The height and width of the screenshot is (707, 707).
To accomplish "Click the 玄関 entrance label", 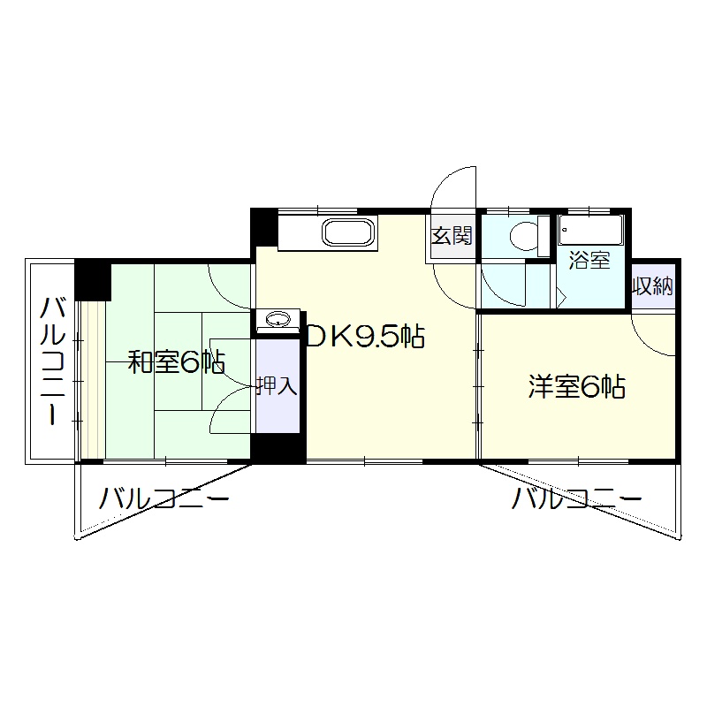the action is coord(452,235).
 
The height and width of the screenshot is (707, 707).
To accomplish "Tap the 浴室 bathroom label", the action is coord(589,260).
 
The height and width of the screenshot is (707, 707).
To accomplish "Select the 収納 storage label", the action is coord(653,285).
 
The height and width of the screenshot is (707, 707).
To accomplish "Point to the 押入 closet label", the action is coord(277,386).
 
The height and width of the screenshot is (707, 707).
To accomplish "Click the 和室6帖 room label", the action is coord(176,361).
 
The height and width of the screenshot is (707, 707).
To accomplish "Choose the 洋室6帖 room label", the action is coord(577,387).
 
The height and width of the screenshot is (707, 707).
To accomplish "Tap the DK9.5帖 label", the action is coord(365,337).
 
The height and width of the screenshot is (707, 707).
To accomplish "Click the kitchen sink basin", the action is coord(348,232).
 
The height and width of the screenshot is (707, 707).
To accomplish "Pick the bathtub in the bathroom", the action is coord(590,231).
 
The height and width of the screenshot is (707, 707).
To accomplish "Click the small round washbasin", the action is coord(277,320).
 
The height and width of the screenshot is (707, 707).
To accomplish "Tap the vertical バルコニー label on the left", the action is coord(53,361).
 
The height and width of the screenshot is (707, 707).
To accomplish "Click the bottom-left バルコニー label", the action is coord(163,498).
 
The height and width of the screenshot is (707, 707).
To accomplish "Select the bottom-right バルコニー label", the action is coord(576,498).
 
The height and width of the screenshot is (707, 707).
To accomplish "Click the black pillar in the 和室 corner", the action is coord(93,280).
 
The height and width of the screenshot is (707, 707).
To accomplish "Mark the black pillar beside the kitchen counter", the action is coord(263,227).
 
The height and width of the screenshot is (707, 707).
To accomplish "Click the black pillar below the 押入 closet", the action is coord(278,448).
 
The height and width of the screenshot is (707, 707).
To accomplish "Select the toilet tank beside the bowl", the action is coord(544,236).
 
